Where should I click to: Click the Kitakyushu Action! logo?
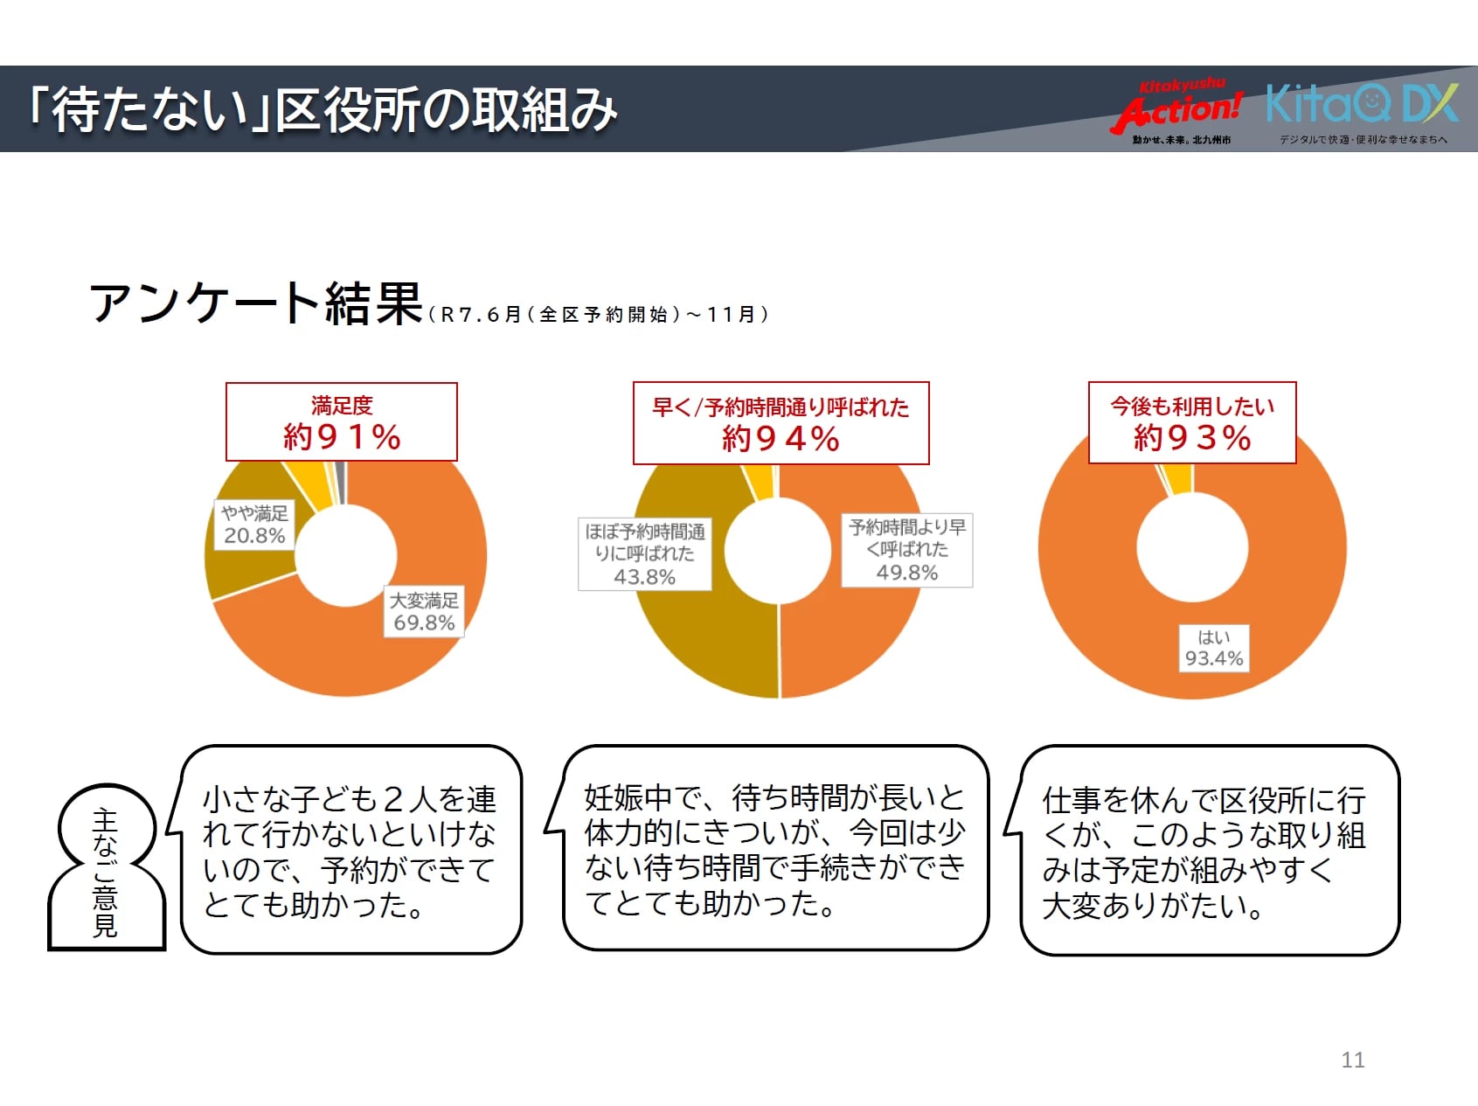click(x=1180, y=110)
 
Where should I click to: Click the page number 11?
click(x=1352, y=1060)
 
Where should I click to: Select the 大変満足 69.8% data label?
click(x=424, y=611)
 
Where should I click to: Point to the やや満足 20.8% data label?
click(x=254, y=524)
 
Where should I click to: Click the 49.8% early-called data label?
click(x=907, y=549)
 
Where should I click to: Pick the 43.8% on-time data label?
click(x=645, y=553)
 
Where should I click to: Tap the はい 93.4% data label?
click(x=1214, y=648)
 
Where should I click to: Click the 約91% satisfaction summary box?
click(x=342, y=421)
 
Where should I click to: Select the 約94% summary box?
click(x=781, y=423)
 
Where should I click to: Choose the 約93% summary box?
click(x=1192, y=422)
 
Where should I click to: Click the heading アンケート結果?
click(x=257, y=303)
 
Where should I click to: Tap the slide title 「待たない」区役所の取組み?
click(x=323, y=110)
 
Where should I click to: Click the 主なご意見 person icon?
click(x=106, y=869)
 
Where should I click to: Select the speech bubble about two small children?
click(x=350, y=850)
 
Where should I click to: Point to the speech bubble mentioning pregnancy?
click(x=775, y=848)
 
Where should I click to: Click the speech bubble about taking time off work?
click(x=1210, y=851)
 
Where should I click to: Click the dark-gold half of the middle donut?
click(x=699, y=630)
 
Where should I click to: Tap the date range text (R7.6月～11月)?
click(x=600, y=315)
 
